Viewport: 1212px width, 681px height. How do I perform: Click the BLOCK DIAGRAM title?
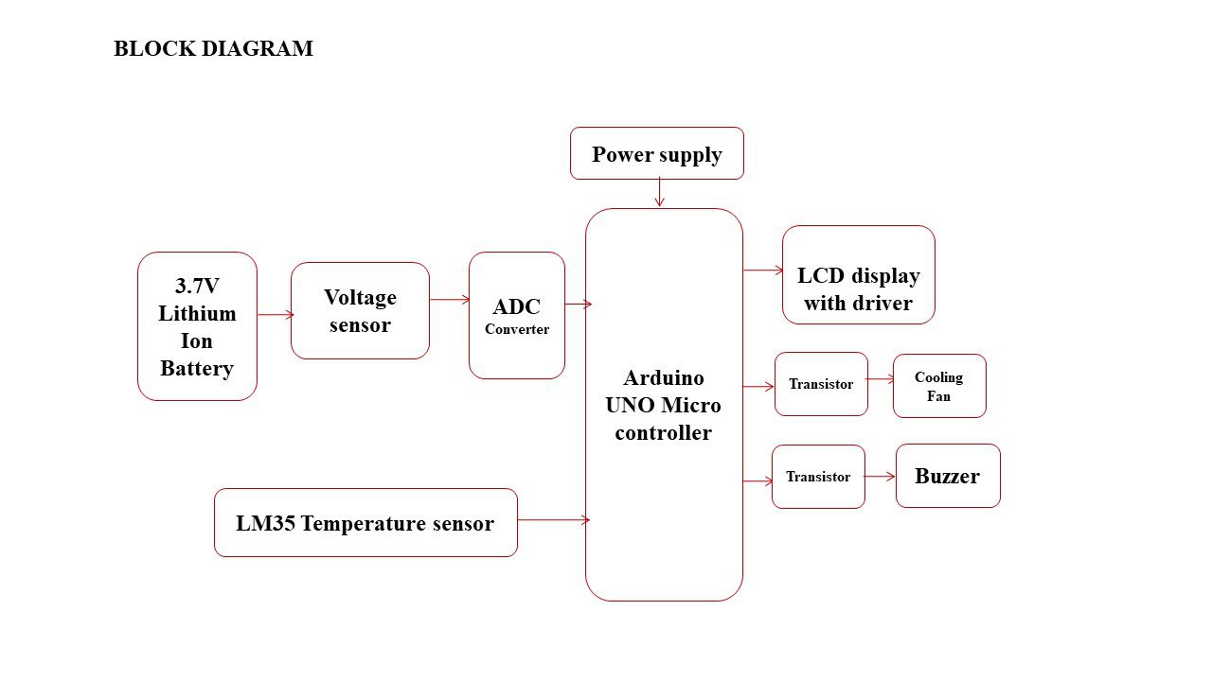pos(213,49)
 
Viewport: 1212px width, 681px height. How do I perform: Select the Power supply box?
pos(657,154)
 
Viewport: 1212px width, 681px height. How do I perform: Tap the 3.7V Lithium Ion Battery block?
pos(197,326)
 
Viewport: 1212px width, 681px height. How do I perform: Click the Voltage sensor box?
pos(360,310)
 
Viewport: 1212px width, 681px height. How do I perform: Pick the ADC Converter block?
pos(517,316)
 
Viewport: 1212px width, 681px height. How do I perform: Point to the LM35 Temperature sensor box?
pos(365,523)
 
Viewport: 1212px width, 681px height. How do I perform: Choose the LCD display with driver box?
pos(859,275)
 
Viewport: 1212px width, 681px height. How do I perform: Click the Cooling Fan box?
pos(939,386)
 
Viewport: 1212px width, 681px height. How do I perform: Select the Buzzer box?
pos(948,476)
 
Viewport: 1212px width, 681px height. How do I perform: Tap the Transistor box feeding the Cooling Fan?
pos(821,384)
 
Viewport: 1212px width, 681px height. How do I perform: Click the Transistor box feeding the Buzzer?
pos(818,477)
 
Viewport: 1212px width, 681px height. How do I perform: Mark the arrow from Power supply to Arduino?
pos(659,193)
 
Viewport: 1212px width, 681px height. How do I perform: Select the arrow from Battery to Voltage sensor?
pos(275,315)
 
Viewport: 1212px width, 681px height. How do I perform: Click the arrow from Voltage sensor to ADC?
pos(450,300)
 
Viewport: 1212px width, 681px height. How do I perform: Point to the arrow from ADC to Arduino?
pos(578,304)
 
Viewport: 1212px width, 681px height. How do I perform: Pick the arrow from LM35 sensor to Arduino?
pos(553,520)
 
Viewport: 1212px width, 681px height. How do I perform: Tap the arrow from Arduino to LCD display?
pos(763,271)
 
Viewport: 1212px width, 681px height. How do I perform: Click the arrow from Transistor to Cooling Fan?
pos(881,379)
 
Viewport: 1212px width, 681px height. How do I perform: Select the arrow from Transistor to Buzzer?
pos(881,477)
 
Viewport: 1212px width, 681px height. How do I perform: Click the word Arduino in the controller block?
pos(664,377)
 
